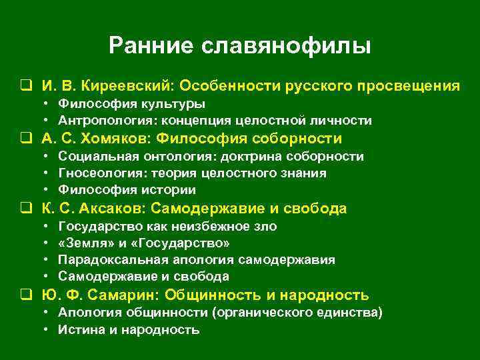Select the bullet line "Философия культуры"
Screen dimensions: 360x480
[131, 104]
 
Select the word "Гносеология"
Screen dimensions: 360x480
[94, 173]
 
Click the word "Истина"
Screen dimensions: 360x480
[78, 329]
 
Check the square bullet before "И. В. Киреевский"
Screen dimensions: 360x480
[25, 87]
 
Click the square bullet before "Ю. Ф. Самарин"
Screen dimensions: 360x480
[25, 295]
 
